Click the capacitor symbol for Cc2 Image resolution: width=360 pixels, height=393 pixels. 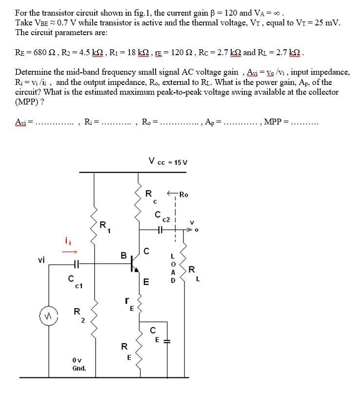pos(160,228)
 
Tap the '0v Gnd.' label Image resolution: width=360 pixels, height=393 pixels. pos(79,364)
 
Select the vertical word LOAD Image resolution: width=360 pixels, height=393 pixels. pos(172,268)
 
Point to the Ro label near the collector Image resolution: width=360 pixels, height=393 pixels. pos(183,194)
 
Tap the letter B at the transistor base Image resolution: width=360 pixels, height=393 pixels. pos(124,254)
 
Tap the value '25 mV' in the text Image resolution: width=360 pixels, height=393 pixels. pos(327,22)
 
